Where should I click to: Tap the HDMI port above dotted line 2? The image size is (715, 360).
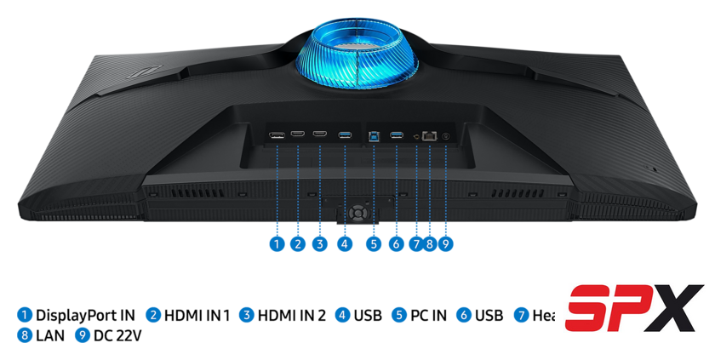pyautogui.click(x=298, y=134)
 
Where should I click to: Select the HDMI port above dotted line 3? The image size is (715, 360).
pyautogui.click(x=320, y=134)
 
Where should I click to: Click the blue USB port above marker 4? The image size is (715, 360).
pyautogui.click(x=344, y=134)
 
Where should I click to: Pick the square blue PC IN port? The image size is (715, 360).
pyautogui.click(x=374, y=134)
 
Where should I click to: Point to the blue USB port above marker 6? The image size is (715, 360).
pyautogui.click(x=396, y=134)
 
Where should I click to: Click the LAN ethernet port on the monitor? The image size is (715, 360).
pyautogui.click(x=430, y=134)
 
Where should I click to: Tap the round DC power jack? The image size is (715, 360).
pyautogui.click(x=445, y=135)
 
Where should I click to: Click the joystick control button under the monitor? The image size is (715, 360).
pyautogui.click(x=357, y=211)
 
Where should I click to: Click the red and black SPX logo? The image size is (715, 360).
pyautogui.click(x=635, y=307)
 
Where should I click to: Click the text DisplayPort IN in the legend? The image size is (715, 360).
pyautogui.click(x=85, y=316)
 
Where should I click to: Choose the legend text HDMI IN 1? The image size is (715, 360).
pyautogui.click(x=197, y=316)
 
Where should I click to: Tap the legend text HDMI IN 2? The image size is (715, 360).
pyautogui.click(x=292, y=316)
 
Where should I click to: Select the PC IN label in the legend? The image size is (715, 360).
pyautogui.click(x=428, y=316)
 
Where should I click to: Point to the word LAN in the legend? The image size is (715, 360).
pyautogui.click(x=50, y=336)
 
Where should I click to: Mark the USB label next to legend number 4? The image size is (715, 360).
pyautogui.click(x=368, y=316)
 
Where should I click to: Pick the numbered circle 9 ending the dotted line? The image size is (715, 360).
pyautogui.click(x=445, y=244)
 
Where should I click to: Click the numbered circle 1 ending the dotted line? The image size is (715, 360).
pyautogui.click(x=277, y=244)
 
